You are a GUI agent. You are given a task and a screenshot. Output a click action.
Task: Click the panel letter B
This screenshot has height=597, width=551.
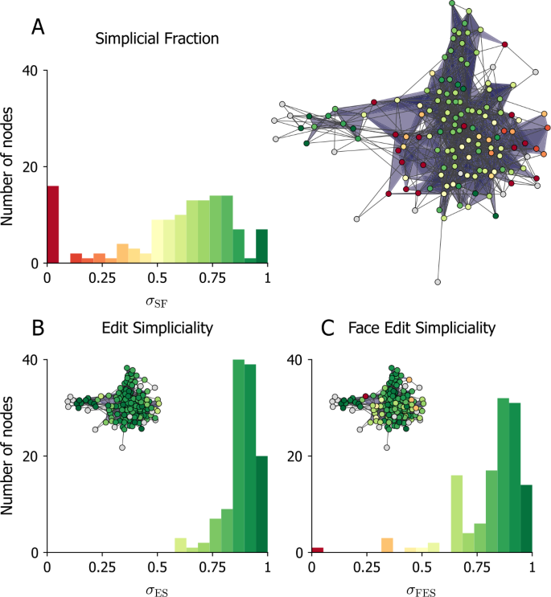[x=36, y=328]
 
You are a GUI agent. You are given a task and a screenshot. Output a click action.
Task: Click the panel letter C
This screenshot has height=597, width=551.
[x=327, y=328]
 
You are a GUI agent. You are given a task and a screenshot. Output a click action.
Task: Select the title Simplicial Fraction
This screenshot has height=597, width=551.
[x=157, y=38]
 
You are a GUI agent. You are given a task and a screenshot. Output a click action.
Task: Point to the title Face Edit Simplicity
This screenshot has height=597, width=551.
[x=422, y=328]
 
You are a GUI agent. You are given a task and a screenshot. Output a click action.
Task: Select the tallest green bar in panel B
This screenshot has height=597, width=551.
[x=238, y=456]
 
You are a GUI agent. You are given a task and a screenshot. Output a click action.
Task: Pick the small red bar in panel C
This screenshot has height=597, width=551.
[x=318, y=550]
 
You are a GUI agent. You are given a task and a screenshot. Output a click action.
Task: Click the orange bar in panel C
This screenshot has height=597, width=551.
[x=386, y=545]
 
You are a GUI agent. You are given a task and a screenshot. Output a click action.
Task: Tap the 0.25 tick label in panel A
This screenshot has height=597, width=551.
[x=102, y=277]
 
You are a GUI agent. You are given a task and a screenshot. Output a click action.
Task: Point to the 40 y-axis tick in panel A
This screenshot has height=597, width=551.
[x=30, y=71]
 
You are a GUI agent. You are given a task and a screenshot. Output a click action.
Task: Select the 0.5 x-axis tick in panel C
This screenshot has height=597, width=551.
[x=421, y=566]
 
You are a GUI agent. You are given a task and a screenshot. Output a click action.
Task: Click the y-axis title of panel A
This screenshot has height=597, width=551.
[x=10, y=167]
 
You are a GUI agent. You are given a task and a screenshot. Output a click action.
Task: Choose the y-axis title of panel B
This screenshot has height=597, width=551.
[x=10, y=456]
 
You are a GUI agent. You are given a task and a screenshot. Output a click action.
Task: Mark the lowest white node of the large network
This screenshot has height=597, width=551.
[x=437, y=282]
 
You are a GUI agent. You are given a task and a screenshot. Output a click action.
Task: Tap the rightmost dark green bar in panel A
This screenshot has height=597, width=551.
[x=261, y=246]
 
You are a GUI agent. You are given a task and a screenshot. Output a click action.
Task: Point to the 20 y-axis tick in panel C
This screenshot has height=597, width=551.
[x=296, y=456]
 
